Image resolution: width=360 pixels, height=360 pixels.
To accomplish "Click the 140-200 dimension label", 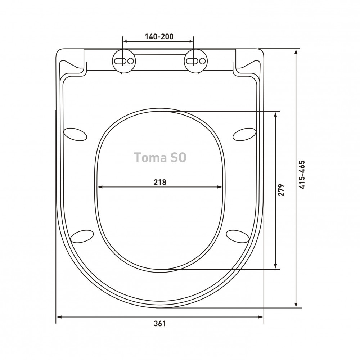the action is point(159,36).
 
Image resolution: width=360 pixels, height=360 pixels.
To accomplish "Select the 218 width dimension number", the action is point(160,182).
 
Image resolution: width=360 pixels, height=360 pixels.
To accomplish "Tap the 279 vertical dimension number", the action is point(281,190).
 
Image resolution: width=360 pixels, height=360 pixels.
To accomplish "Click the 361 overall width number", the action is point(159,324).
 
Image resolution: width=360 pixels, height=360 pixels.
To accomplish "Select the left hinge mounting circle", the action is point(124,61).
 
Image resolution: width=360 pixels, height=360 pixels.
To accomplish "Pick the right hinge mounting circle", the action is point(196,61).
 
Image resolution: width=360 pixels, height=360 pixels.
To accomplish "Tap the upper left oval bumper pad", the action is point(75,134).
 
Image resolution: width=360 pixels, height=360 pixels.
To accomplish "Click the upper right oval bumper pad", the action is point(244,134).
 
